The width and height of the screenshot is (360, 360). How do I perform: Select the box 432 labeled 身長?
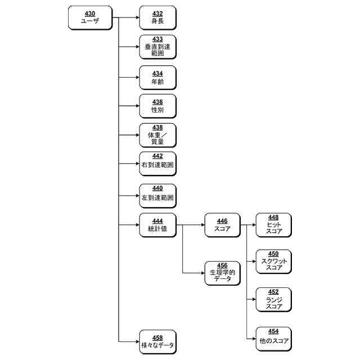tap(157, 17)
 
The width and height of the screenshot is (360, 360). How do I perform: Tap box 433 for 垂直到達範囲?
tap(157, 47)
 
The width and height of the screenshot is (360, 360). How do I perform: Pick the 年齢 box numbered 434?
tap(157, 77)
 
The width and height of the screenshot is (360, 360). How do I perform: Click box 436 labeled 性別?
tap(157, 106)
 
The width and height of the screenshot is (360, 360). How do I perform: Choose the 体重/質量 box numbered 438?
tap(157, 135)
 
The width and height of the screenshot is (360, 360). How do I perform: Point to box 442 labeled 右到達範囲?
tap(157, 164)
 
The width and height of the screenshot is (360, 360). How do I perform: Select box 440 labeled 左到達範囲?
tap(157, 195)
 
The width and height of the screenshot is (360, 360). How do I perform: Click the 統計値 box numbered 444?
tap(157, 225)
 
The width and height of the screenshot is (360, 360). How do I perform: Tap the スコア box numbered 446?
tap(222, 225)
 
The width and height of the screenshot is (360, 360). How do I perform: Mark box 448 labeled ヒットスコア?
tap(274, 225)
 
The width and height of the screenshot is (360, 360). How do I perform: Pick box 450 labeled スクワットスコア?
tap(274, 261)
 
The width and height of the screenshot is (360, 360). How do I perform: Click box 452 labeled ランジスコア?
tap(274, 299)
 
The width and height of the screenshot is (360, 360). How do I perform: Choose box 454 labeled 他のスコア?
tap(274, 337)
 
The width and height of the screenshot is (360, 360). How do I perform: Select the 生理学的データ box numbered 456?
tap(222, 272)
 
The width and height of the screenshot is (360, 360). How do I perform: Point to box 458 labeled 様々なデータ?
tap(157, 341)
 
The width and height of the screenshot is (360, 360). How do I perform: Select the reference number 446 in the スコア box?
tap(222, 221)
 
